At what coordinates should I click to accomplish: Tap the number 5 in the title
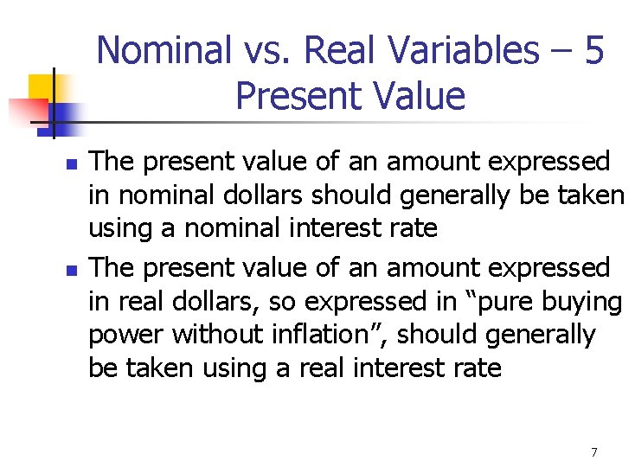click(593, 51)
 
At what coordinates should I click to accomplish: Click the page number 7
click(594, 452)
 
